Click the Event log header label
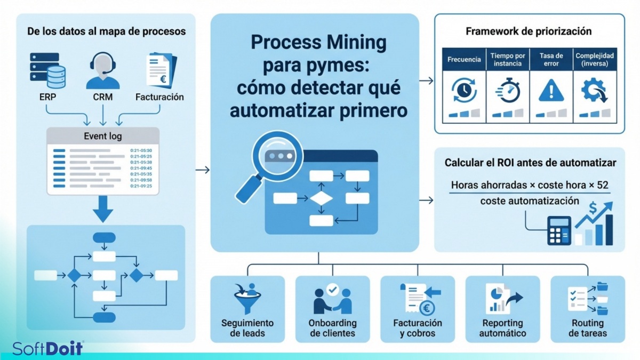tap(102, 136)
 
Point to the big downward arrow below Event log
tap(102, 209)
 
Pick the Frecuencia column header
tap(464, 59)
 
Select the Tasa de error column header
tap(551, 59)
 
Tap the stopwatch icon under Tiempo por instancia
tap(507, 91)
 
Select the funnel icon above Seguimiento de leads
tap(247, 298)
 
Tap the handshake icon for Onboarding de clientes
tap(332, 299)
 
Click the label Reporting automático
tap(502, 328)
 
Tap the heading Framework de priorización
tap(529, 31)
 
